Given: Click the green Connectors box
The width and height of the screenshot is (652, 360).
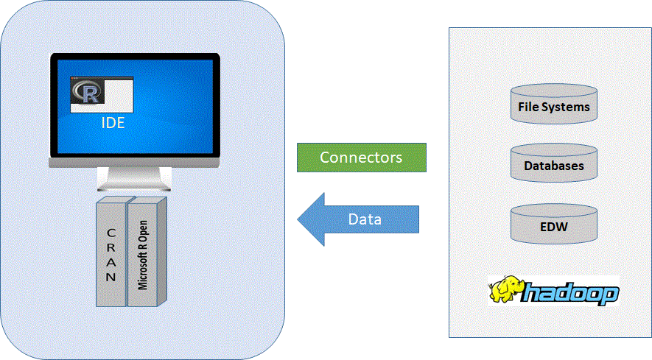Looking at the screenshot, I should [x=361, y=158].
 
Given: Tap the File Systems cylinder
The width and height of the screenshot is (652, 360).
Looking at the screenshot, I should [x=554, y=103].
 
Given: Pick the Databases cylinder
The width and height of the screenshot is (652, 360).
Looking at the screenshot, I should [x=554, y=163].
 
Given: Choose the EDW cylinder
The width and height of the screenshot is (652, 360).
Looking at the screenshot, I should [x=554, y=222].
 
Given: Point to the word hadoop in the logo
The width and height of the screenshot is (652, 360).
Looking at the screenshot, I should [x=571, y=294].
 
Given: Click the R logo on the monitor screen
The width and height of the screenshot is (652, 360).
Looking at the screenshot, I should [x=87, y=93].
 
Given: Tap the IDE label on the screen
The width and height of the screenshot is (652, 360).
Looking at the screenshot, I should [x=113, y=123].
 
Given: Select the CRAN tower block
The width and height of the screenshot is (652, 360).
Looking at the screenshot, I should [x=111, y=250].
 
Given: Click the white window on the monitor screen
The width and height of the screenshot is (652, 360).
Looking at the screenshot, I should [x=118, y=95].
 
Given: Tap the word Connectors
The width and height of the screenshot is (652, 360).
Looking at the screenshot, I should [x=361, y=158].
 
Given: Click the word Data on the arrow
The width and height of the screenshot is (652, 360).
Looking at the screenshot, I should [x=365, y=219].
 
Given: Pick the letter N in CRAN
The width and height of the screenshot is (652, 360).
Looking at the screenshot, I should [x=111, y=278].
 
